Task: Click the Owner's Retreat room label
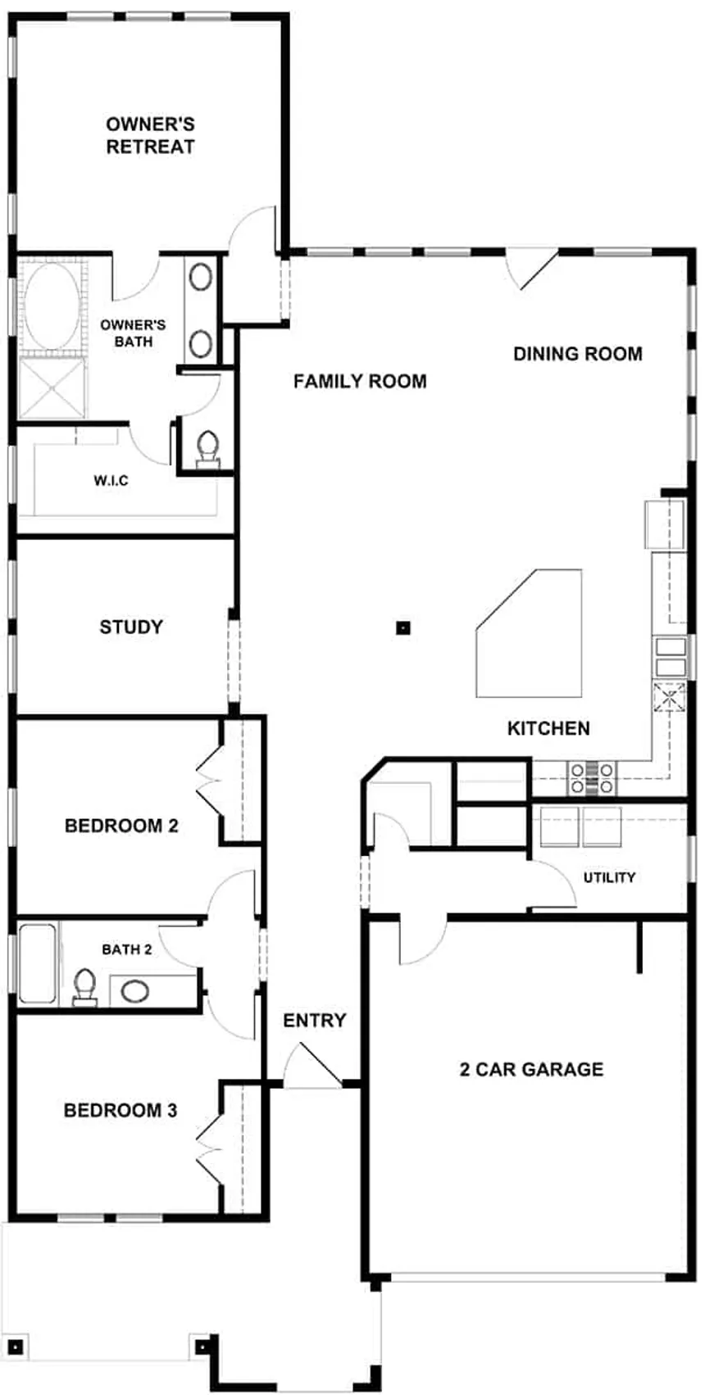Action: click(x=150, y=135)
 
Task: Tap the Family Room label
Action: click(x=361, y=381)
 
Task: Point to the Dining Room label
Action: click(x=578, y=354)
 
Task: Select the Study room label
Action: click(x=131, y=627)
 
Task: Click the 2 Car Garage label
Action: click(x=532, y=1069)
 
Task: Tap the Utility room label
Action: click(x=609, y=877)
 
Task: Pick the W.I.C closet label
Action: click(x=111, y=480)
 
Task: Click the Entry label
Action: click(x=314, y=1020)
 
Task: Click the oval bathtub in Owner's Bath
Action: click(x=52, y=307)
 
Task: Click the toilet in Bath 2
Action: click(x=84, y=988)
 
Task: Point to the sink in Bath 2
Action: click(x=134, y=991)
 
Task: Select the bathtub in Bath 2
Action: click(x=37, y=963)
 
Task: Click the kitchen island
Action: click(x=530, y=633)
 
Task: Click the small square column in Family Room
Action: click(x=403, y=627)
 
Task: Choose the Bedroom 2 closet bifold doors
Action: click(x=209, y=781)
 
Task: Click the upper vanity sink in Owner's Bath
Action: click(x=201, y=277)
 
